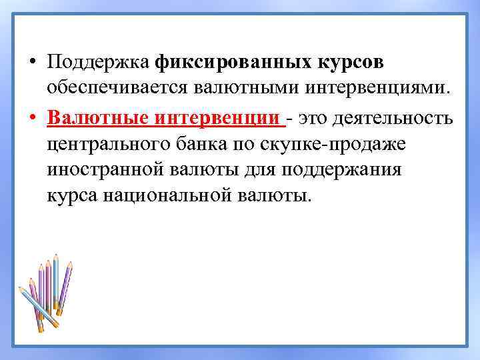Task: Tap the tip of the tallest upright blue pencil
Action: coord(56,256)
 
